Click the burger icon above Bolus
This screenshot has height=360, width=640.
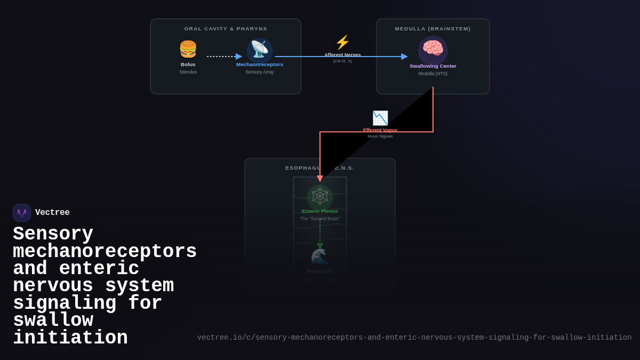[188, 49]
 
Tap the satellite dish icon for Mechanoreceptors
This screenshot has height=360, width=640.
[260, 50]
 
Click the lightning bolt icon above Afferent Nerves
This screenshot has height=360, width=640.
[342, 43]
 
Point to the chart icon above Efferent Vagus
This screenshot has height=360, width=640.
[380, 118]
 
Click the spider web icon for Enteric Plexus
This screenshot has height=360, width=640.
[320, 197]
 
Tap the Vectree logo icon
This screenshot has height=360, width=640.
[22, 213]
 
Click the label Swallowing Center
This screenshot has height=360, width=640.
[433, 66]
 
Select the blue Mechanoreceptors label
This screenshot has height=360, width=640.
[260, 65]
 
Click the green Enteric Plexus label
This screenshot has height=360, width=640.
[320, 211]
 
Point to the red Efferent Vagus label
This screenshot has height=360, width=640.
[380, 130]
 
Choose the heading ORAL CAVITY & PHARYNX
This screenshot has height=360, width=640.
[226, 29]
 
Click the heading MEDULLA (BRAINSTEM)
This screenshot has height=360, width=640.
[433, 29]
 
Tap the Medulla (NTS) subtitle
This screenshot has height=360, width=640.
[433, 74]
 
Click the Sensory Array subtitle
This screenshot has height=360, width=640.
[260, 72]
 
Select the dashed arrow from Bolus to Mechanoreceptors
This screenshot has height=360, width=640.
[223, 57]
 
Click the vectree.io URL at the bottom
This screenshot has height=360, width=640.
[414, 338]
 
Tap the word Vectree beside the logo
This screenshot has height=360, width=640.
[52, 213]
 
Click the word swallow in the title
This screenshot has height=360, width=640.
[53, 321]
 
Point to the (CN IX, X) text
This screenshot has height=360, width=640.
[342, 61]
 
